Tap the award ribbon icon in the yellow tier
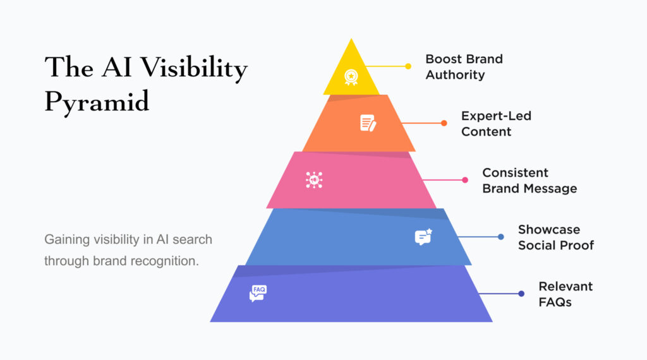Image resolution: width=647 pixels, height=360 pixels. click(x=351, y=77)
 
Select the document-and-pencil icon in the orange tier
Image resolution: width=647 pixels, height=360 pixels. click(x=368, y=123)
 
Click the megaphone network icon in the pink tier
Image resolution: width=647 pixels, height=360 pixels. click(x=314, y=180)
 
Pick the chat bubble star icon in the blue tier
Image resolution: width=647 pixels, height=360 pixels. click(x=423, y=237)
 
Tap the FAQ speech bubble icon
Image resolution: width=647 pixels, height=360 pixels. click(x=258, y=293)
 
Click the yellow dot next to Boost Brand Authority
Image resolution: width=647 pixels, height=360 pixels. click(x=408, y=66)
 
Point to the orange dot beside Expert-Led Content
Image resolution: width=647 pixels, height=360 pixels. click(x=444, y=123)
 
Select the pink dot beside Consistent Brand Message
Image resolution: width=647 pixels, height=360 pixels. click(x=465, y=180)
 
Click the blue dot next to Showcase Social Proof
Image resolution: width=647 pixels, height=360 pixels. click(x=501, y=237)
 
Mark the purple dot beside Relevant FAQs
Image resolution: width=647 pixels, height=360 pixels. click(x=521, y=294)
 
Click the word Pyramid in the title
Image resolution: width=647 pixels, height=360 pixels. click(x=97, y=102)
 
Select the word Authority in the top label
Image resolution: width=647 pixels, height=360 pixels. click(x=455, y=75)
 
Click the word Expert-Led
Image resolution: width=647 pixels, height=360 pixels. click(x=497, y=116)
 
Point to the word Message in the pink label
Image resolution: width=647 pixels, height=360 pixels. click(x=550, y=188)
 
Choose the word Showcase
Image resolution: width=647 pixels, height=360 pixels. click(x=549, y=229)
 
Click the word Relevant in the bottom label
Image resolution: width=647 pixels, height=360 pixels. click(x=565, y=286)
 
